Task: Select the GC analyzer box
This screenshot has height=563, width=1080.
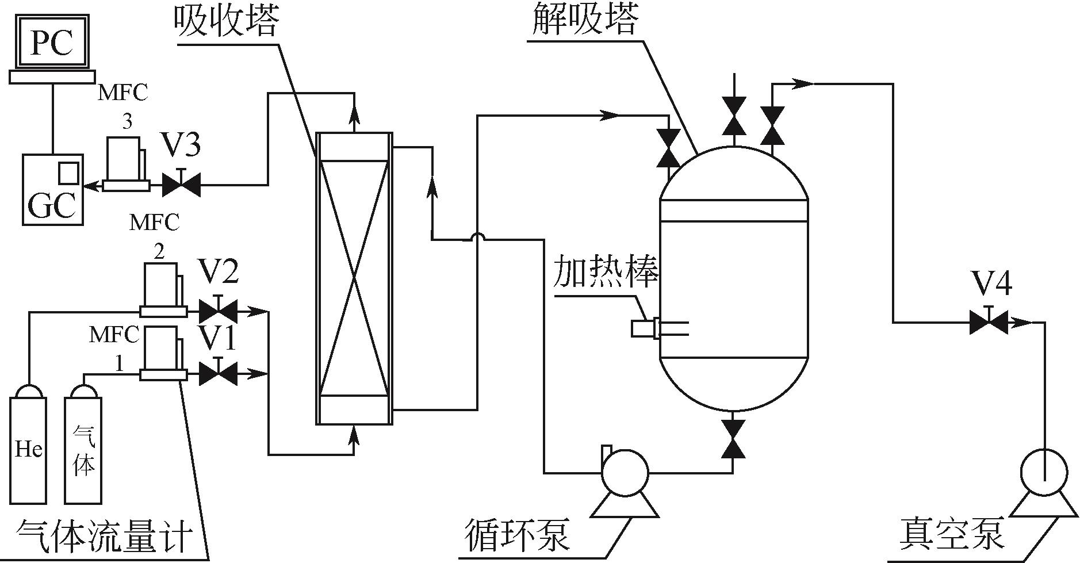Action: pos(52,190)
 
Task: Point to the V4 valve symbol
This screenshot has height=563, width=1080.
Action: pos(988,322)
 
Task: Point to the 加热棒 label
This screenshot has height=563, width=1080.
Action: pos(605,272)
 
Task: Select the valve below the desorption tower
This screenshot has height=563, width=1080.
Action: pos(733,438)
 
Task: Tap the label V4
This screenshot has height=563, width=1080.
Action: pos(991,284)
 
